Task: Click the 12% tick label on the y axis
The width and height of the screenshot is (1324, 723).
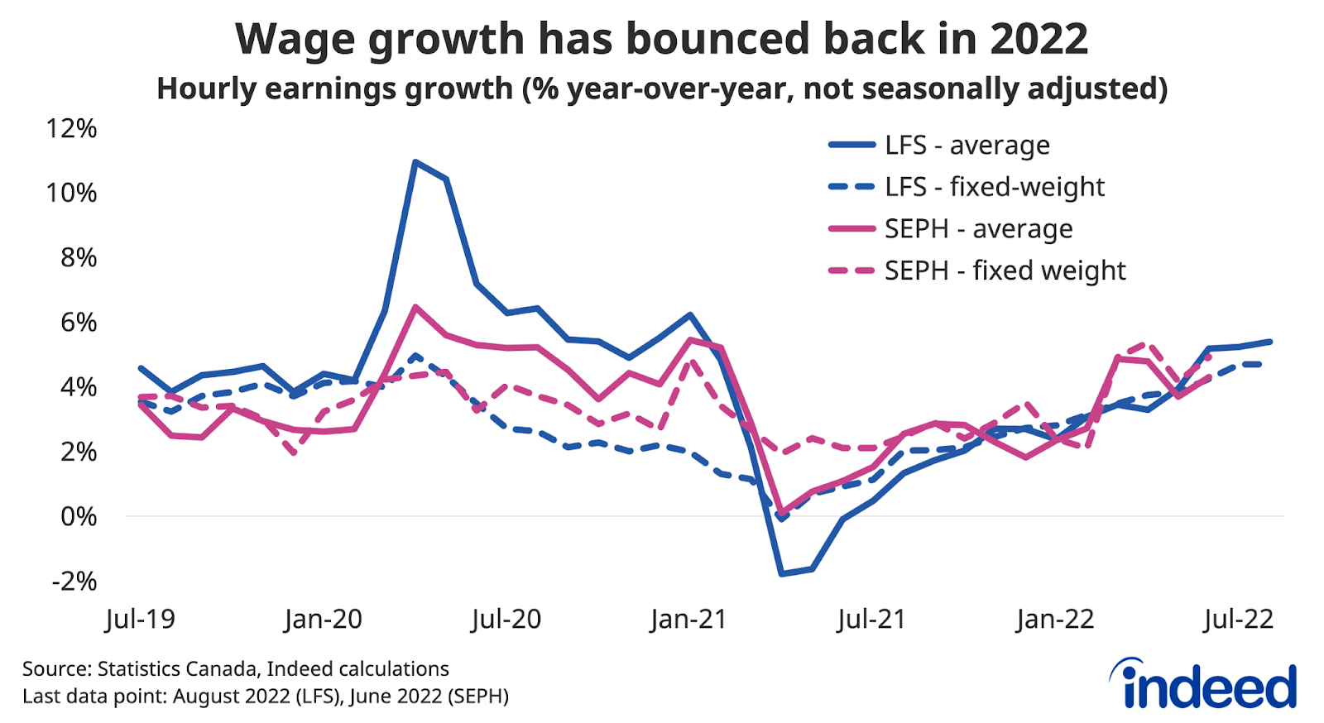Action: coord(72,128)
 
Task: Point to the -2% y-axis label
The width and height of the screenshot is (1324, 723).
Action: coord(74,581)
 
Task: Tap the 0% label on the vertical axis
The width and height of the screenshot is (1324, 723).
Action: coord(79,516)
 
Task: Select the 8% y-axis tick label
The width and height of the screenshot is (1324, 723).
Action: coord(79,257)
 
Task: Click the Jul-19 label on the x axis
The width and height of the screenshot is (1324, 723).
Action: coord(141,619)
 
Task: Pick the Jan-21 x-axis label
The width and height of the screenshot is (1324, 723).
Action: coord(688,619)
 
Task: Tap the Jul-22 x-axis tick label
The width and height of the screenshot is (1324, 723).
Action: coord(1239,619)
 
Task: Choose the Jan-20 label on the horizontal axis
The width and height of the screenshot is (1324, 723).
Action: coord(323,619)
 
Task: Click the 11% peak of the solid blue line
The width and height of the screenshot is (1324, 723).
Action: coord(415,161)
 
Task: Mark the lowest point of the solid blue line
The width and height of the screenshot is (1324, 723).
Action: coord(780,573)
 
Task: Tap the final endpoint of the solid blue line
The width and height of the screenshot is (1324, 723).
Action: coord(1270,341)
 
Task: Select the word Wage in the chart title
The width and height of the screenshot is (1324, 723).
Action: coord(297,40)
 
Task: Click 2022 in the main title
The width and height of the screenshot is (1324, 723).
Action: coord(1039,40)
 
